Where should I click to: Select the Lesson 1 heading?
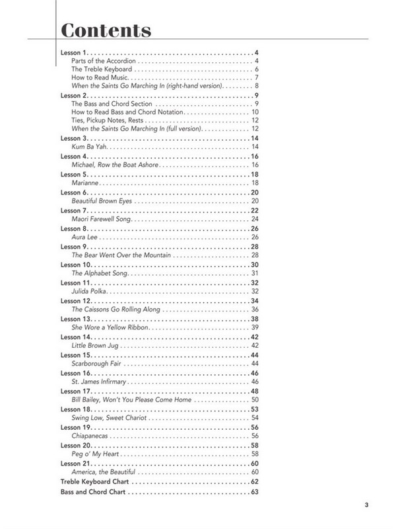click(x=74, y=52)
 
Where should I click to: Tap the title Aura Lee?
click(x=84, y=237)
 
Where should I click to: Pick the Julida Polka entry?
click(x=88, y=291)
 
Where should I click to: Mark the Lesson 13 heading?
click(x=76, y=319)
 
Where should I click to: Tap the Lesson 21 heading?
click(x=76, y=464)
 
